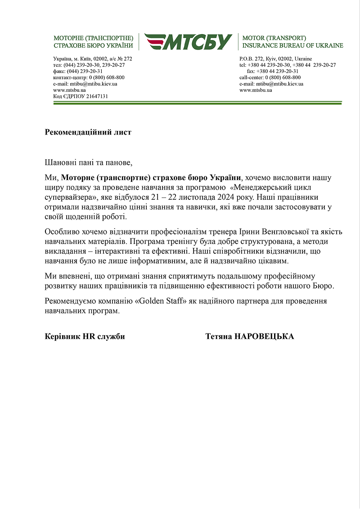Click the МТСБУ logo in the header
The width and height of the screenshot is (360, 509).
click(188, 41)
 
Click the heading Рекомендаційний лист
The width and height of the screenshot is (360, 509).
click(88, 132)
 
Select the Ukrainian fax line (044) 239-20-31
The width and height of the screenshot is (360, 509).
click(78, 71)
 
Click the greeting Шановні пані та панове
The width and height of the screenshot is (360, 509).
click(90, 162)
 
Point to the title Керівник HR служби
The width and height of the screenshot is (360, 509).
click(85, 337)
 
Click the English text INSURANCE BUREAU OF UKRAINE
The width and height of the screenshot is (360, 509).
click(292, 45)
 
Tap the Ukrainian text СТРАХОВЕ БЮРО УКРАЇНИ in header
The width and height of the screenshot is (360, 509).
click(93, 45)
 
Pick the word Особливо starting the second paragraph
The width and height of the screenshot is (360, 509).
click(60, 232)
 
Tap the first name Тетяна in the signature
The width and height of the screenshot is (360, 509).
click(218, 337)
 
